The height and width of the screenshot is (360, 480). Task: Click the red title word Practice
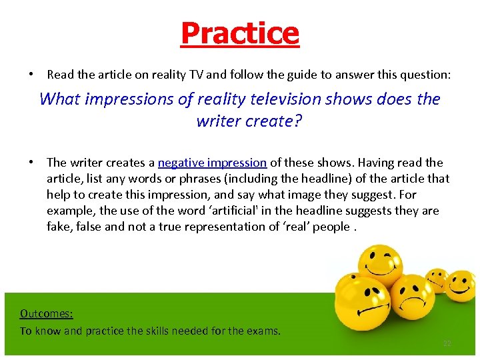pos(240,33)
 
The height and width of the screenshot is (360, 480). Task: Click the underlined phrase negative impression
pos(212,163)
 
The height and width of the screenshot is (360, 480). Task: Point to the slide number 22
pos(447,343)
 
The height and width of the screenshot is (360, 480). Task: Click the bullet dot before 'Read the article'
pos(32,76)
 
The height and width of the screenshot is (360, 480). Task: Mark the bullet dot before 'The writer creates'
pos(32,163)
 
